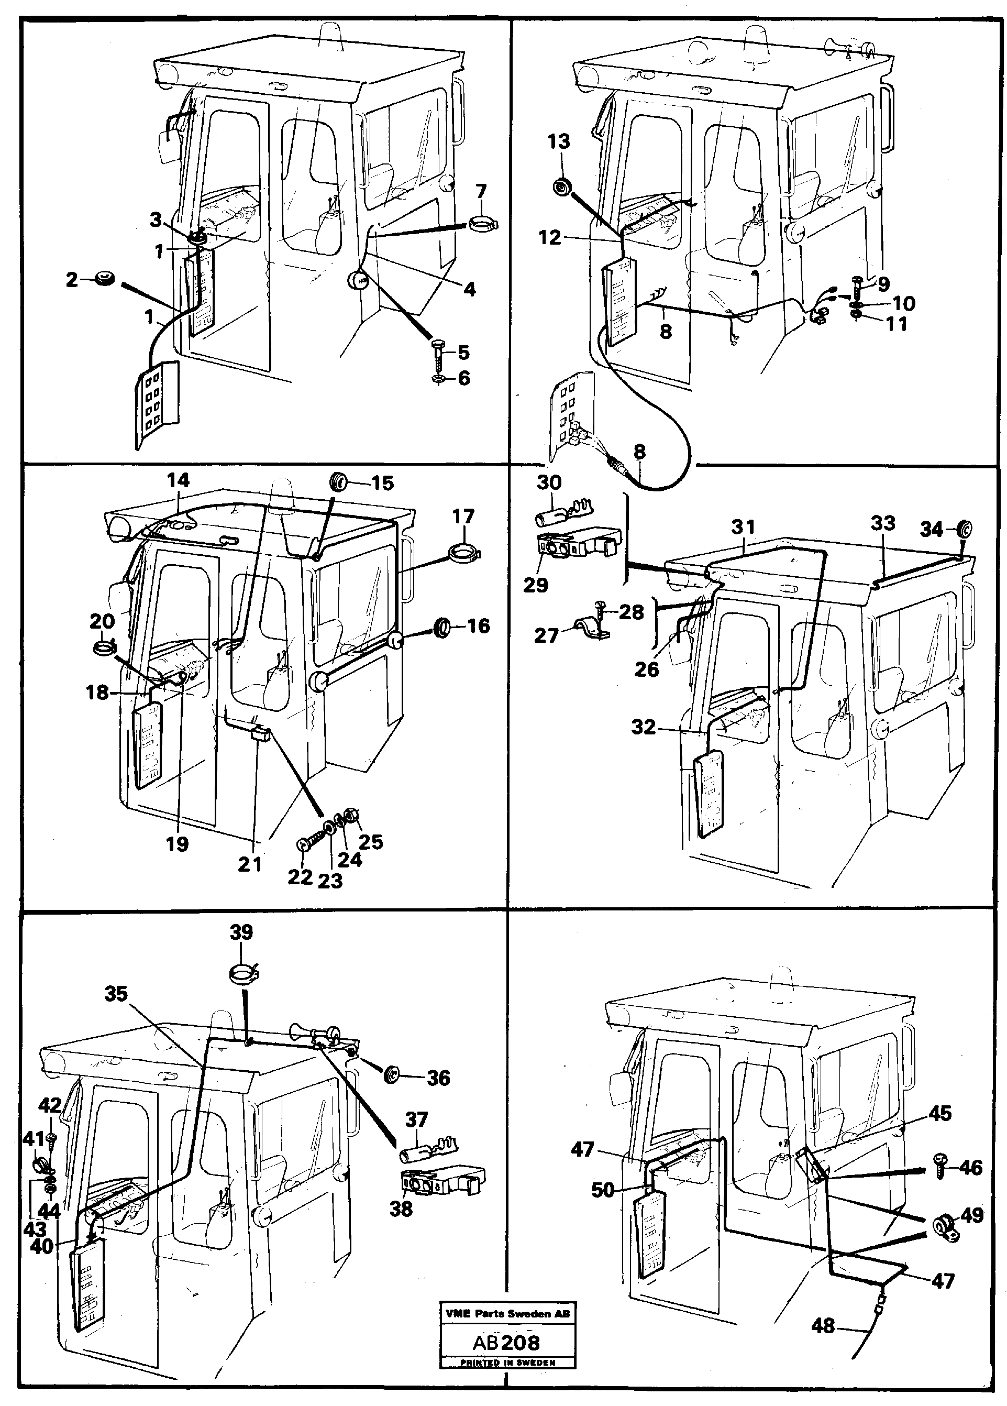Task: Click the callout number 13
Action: coord(558,141)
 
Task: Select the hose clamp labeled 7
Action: coord(483,223)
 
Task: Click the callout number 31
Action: coord(743,528)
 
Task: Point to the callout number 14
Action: coord(178,480)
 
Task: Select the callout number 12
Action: coord(550,237)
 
